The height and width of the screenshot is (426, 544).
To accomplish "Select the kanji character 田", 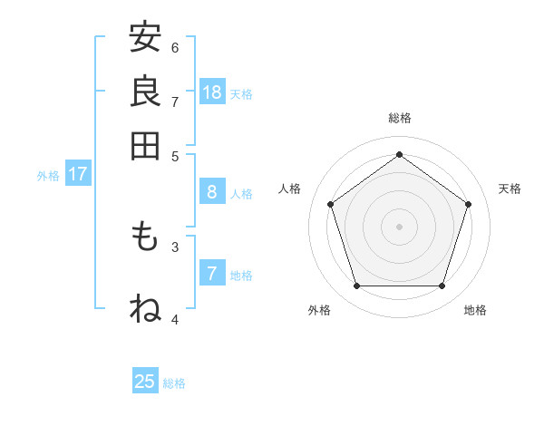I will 145,145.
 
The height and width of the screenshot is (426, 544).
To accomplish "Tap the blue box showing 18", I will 212,92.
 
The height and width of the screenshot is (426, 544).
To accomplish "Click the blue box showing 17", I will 77,174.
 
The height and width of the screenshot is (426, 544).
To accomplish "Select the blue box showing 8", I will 212,192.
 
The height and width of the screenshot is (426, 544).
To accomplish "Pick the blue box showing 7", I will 212,273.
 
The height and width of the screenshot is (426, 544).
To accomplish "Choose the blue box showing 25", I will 145,382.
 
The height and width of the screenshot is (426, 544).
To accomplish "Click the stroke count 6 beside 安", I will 175,47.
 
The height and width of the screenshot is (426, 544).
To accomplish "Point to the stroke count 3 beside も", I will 175,246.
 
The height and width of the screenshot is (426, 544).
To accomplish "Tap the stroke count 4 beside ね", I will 175,319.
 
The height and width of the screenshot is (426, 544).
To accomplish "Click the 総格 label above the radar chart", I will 399,118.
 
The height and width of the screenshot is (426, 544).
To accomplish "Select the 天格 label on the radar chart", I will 510,189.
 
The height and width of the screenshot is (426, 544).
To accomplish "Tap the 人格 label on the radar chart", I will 290,189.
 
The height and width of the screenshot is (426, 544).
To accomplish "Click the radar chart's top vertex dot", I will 399,154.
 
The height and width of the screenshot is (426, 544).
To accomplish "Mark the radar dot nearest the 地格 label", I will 442,286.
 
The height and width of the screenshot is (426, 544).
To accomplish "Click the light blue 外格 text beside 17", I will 48,175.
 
